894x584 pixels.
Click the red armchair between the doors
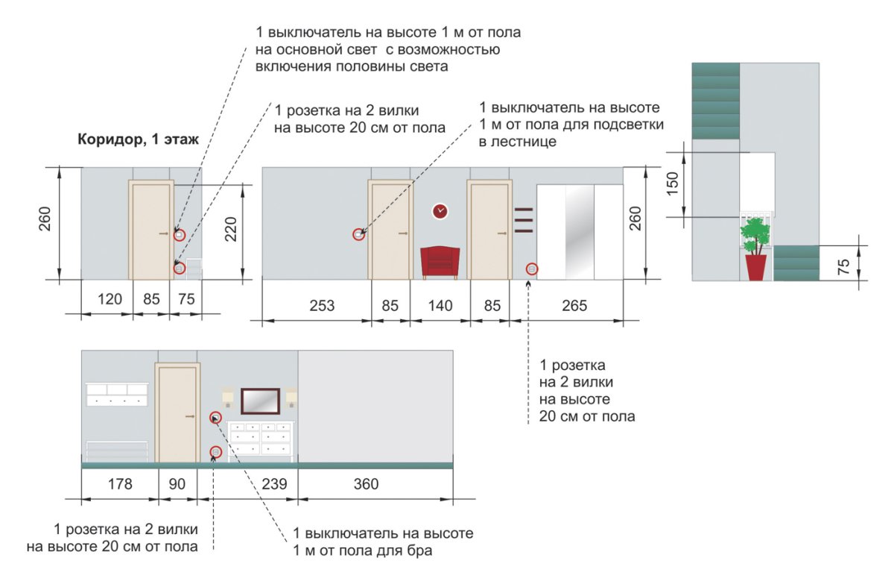[440, 262]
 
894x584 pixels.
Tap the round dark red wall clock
[440, 211]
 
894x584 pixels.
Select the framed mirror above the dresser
[260, 401]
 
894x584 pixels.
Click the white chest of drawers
[259, 439]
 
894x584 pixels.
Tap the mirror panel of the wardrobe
[580, 233]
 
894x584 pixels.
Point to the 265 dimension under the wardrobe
[575, 305]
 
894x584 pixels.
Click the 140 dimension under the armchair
[440, 305]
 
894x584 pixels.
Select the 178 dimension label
[119, 484]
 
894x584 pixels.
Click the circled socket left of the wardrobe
[532, 269]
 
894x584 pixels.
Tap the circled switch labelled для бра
[215, 418]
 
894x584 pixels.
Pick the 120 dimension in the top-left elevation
[110, 298]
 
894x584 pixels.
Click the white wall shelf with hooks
[117, 394]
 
